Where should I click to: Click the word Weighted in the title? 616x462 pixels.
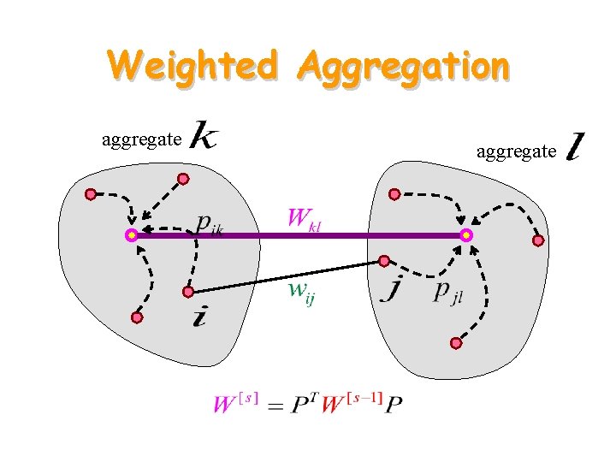(x=193, y=65)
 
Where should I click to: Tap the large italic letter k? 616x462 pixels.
(x=203, y=136)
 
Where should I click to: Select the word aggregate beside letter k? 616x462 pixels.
(x=141, y=139)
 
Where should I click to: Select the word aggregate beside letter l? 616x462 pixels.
(x=516, y=151)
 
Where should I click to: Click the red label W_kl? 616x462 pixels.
(x=304, y=218)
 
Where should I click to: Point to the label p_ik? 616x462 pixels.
(x=209, y=224)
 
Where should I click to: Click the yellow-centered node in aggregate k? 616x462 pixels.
(x=131, y=234)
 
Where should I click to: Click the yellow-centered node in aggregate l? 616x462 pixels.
(x=465, y=234)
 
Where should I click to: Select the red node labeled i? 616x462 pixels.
(x=188, y=292)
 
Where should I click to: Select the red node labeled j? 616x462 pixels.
(x=385, y=260)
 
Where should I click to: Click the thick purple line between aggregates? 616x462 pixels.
(x=299, y=235)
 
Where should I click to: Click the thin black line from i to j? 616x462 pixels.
(x=287, y=275)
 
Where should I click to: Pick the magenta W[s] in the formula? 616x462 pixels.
(x=235, y=401)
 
